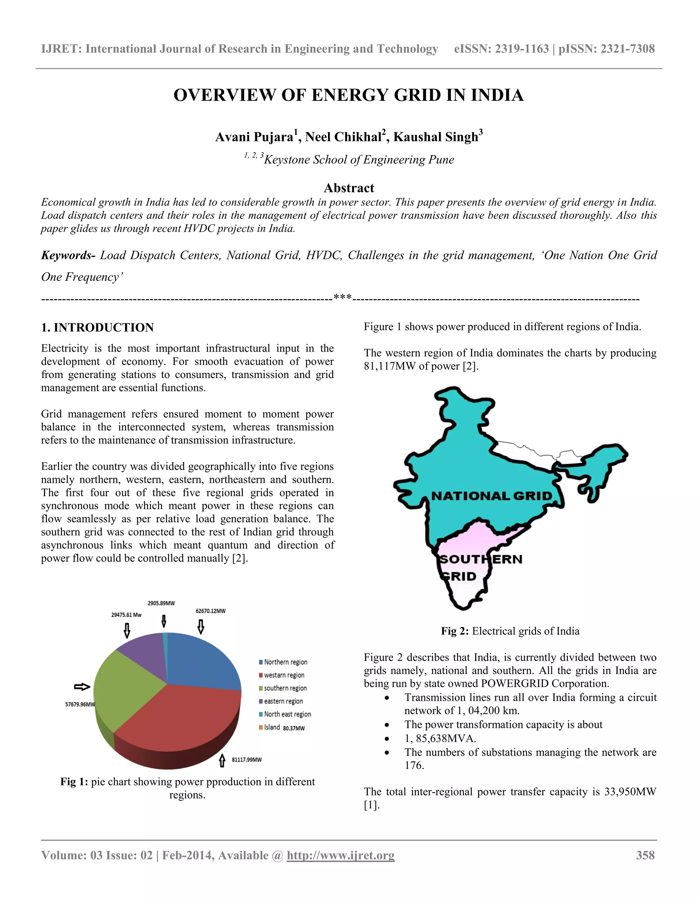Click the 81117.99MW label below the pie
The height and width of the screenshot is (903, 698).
(246, 760)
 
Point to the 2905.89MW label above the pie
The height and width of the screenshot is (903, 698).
(161, 603)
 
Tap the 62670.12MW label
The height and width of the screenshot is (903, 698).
(211, 611)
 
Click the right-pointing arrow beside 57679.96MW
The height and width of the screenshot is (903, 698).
(82, 687)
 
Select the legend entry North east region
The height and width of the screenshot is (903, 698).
(287, 714)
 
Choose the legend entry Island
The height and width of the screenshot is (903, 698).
(272, 727)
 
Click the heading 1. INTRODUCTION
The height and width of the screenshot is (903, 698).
(97, 327)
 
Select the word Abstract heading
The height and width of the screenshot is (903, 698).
(349, 188)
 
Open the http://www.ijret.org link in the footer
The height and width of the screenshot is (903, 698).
(340, 855)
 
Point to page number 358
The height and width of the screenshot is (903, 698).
(645, 855)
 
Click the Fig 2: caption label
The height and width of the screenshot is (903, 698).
(454, 631)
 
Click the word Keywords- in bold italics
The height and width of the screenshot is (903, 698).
(68, 256)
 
